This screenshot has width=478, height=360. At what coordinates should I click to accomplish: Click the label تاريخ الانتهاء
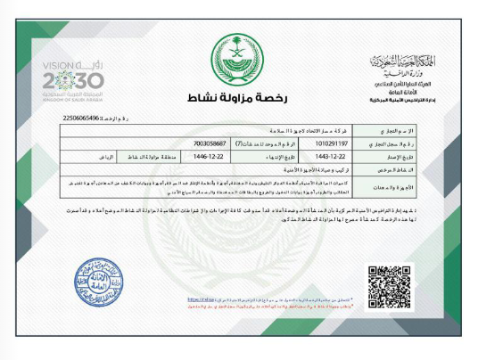click(257, 154)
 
